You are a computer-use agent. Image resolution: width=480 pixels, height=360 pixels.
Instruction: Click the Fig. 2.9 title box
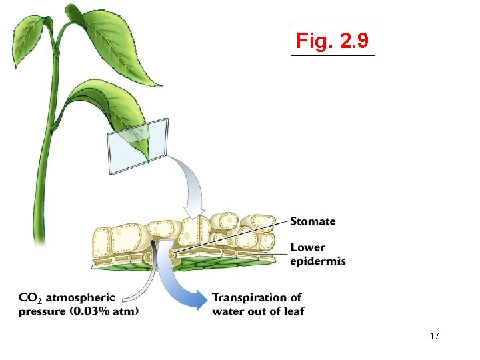coord(333,41)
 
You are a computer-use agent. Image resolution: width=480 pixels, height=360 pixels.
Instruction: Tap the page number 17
coord(434,336)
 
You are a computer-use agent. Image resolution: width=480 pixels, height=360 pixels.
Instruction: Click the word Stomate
coord(313,221)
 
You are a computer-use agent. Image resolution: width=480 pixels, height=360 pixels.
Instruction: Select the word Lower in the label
coord(307,248)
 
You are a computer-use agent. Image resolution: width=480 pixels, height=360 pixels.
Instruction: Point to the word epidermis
coord(318,261)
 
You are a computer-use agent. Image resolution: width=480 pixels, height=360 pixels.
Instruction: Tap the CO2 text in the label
coord(31,298)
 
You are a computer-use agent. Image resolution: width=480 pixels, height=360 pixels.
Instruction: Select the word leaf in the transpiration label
coord(293,311)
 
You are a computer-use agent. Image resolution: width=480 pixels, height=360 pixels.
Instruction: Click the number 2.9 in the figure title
coord(353,41)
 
